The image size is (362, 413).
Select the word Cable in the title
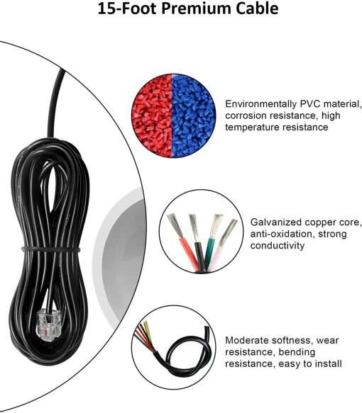257,9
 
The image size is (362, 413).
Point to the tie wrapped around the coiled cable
50,249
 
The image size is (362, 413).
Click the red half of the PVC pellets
153,115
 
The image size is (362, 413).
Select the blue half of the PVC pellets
193,116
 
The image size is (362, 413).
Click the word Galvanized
275,222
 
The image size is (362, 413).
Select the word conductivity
278,246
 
